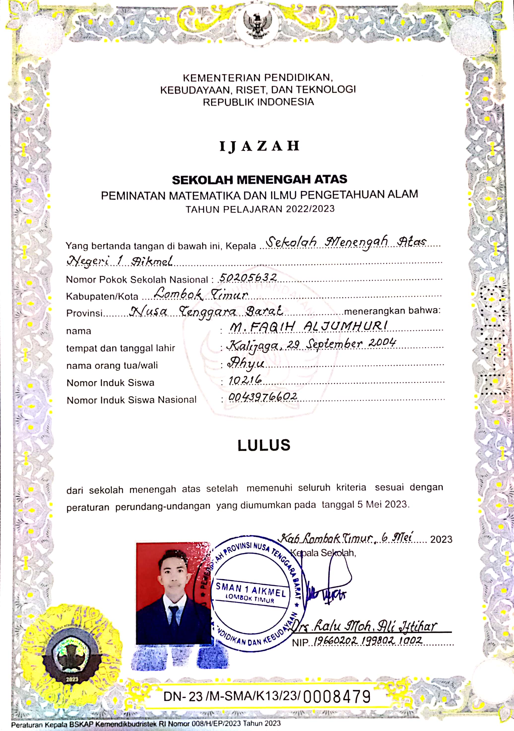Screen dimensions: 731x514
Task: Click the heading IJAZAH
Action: [x=259, y=146]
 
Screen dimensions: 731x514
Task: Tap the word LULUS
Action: [x=264, y=445]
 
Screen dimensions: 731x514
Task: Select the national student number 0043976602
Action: [x=263, y=397]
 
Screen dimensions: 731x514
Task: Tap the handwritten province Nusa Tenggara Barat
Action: [x=206, y=311]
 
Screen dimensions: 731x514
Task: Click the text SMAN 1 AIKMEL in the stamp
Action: [x=251, y=590]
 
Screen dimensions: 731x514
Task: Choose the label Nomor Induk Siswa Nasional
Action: [x=131, y=400]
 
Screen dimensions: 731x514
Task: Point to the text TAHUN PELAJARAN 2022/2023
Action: [x=260, y=209]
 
